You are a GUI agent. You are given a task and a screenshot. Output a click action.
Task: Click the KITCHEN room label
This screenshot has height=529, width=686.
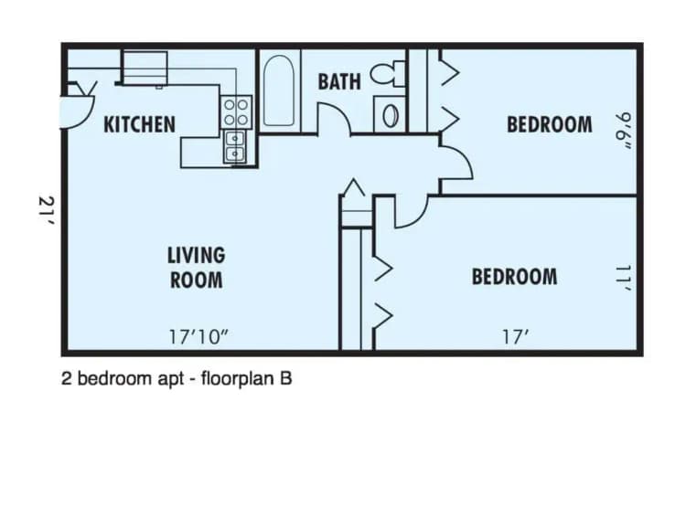click(139, 124)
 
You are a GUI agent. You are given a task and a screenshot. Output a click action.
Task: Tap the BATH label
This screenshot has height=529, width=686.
click(338, 82)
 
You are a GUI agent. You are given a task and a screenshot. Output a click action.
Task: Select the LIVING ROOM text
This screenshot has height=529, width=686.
click(196, 267)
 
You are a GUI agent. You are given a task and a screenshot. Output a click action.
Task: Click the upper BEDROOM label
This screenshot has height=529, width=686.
click(549, 124)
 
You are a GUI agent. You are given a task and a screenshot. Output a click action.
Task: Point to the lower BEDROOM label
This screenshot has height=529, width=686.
click(514, 276)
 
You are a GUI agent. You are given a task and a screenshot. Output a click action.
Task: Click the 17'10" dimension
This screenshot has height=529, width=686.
click(198, 336)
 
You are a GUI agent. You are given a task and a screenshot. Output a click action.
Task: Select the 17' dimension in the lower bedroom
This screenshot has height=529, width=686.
click(516, 336)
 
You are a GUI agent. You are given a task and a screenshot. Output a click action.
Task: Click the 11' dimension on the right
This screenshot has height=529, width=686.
click(624, 278)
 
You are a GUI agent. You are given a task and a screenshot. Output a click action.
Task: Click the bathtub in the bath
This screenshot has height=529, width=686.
click(280, 91)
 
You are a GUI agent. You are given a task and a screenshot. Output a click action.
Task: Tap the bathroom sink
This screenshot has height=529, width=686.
click(391, 114)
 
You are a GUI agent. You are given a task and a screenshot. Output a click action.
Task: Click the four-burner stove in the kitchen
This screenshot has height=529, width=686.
click(236, 112)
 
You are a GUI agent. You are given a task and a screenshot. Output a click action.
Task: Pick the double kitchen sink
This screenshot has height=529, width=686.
click(235, 146)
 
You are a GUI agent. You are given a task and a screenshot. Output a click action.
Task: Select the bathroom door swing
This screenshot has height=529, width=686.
click(334, 119)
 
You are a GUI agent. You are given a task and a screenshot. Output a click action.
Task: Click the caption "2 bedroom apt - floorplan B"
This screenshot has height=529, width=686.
click(177, 378)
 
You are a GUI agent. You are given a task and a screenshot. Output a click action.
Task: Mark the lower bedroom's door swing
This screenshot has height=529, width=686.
click(409, 210)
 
